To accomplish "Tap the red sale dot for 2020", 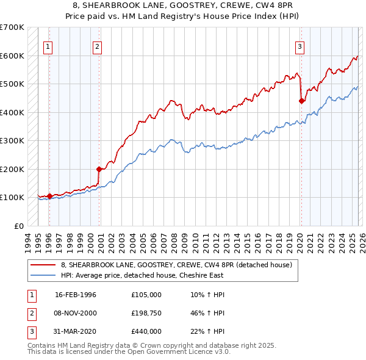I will click(x=301, y=101).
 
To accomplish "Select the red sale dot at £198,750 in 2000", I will click(x=99, y=169).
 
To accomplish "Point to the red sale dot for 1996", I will click(x=49, y=196).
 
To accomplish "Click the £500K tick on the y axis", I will click(x=12, y=84).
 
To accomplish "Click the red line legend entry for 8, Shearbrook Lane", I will click(x=176, y=265).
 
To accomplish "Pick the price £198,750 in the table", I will click(x=146, y=313).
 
